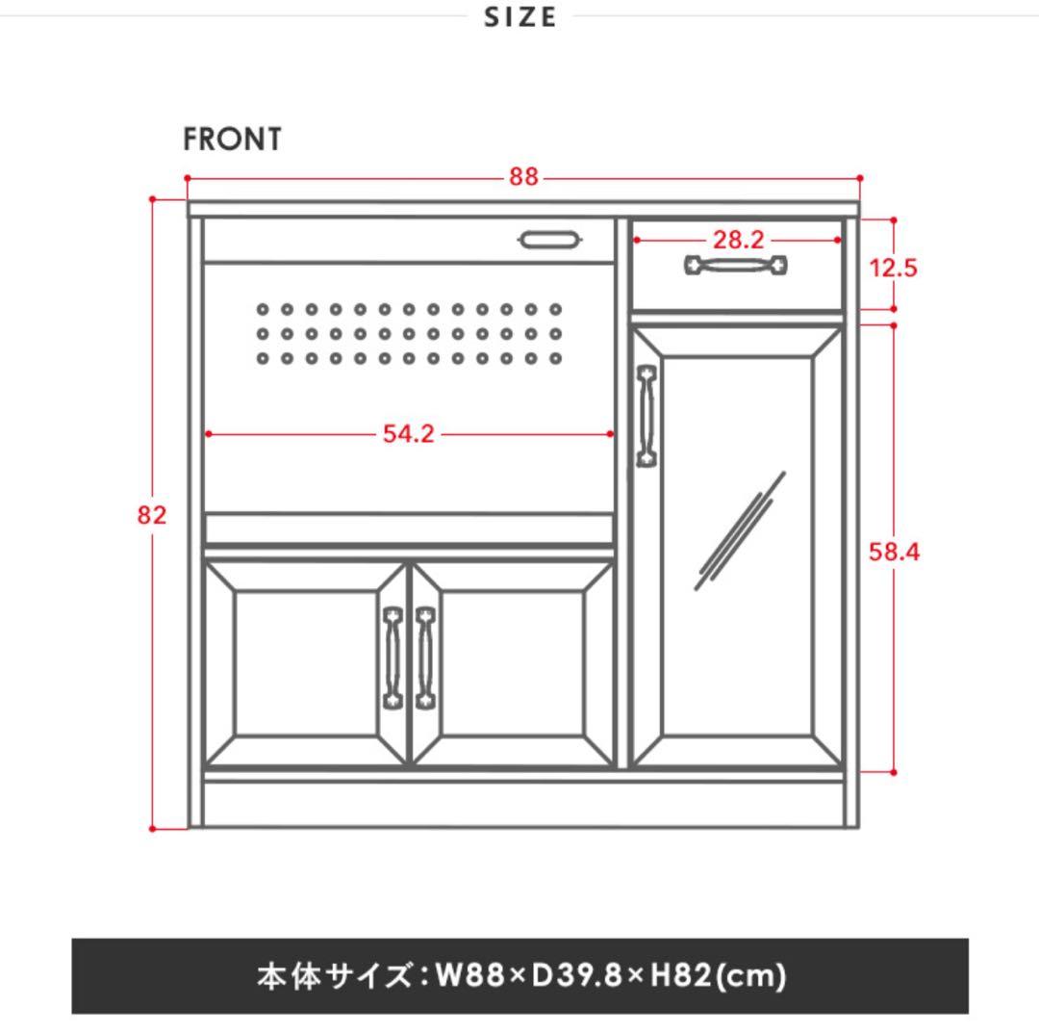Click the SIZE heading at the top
(520, 17)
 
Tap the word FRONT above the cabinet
(233, 140)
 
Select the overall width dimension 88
(524, 178)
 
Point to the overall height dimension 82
(152, 515)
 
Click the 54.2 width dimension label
(409, 434)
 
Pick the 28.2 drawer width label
(738, 240)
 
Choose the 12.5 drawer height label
(893, 268)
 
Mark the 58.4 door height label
(894, 553)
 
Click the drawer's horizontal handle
(736, 264)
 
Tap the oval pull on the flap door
(550, 239)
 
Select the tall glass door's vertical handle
(646, 415)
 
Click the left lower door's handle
(392, 658)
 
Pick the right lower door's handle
(425, 658)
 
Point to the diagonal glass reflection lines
(739, 530)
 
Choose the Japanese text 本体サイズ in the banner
(332, 976)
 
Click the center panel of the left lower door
(302, 664)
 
